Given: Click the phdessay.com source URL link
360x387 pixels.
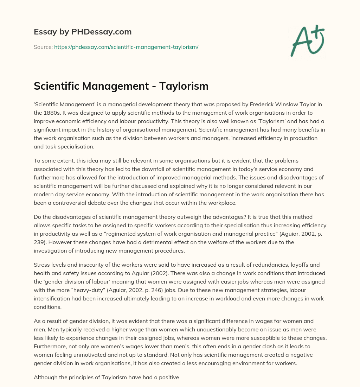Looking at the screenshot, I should [126, 47].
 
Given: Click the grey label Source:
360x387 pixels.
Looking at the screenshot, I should [43, 47].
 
